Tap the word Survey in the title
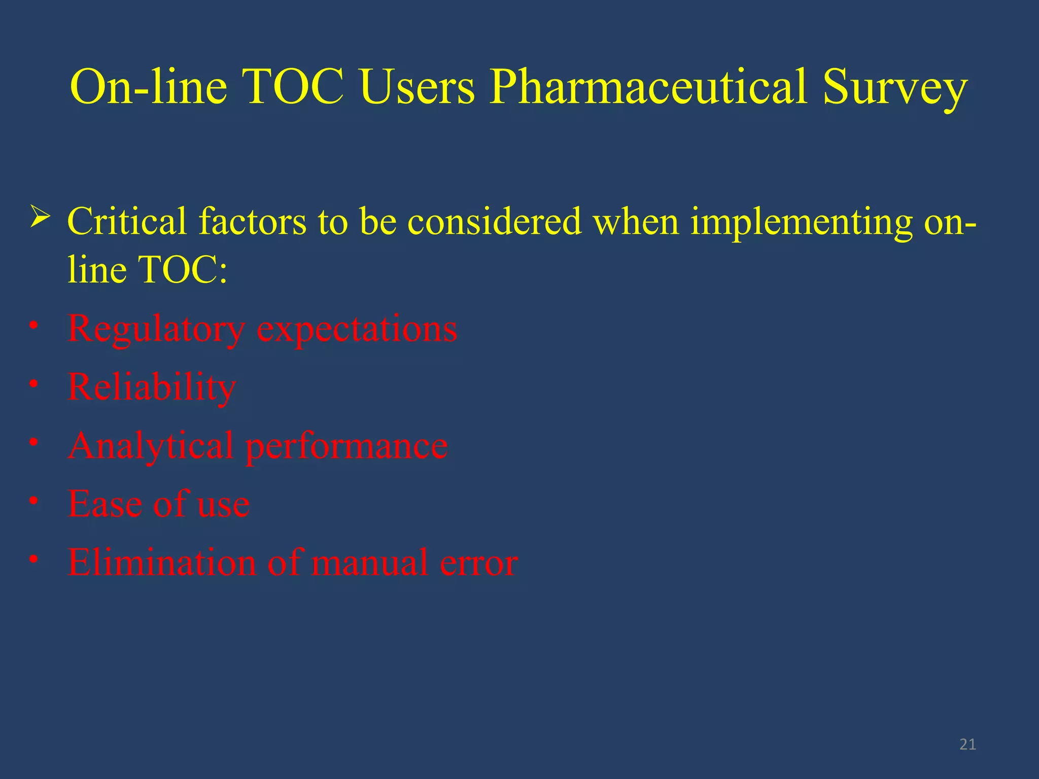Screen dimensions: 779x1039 click(895, 87)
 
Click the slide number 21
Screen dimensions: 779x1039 click(967, 744)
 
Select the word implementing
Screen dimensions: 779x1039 click(802, 222)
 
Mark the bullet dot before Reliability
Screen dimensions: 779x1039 click(33, 384)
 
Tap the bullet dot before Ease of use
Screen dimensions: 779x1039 click(33, 501)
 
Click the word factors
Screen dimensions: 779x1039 click(252, 222)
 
